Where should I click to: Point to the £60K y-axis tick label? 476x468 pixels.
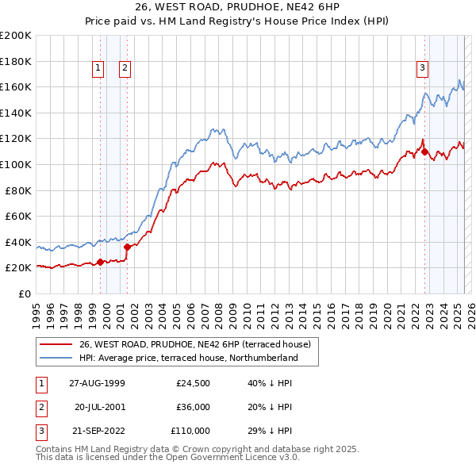pyautogui.click(x=17, y=216)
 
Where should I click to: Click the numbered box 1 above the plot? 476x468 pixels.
pyautogui.click(x=98, y=68)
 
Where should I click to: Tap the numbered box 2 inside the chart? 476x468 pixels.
pyautogui.click(x=125, y=68)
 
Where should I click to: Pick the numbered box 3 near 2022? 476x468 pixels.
pyautogui.click(x=423, y=68)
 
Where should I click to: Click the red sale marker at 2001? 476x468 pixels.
pyautogui.click(x=128, y=247)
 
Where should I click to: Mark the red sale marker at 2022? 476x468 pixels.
pyautogui.click(x=425, y=152)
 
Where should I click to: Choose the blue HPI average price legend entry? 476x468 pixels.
pyautogui.click(x=188, y=358)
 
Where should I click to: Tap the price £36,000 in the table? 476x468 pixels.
pyautogui.click(x=193, y=407)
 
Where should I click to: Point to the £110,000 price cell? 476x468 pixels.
pyautogui.click(x=190, y=431)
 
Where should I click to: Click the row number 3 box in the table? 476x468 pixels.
pyautogui.click(x=40, y=431)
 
